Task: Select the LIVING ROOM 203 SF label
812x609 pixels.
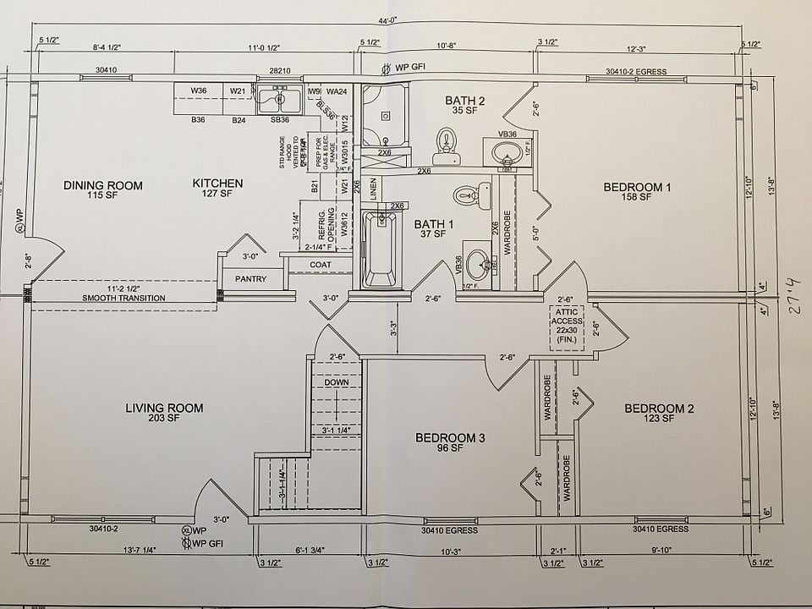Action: pyautogui.click(x=164, y=412)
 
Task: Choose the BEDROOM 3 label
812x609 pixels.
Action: pyautogui.click(x=449, y=442)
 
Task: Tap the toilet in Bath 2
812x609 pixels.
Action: pyautogui.click(x=444, y=146)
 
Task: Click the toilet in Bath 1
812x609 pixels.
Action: pyautogui.click(x=466, y=196)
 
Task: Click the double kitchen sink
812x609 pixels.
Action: pyautogui.click(x=280, y=100)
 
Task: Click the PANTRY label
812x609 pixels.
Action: pyautogui.click(x=250, y=279)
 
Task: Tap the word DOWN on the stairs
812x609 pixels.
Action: pyautogui.click(x=336, y=383)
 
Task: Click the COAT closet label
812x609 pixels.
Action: pyautogui.click(x=321, y=264)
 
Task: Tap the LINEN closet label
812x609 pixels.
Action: pyautogui.click(x=375, y=190)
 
